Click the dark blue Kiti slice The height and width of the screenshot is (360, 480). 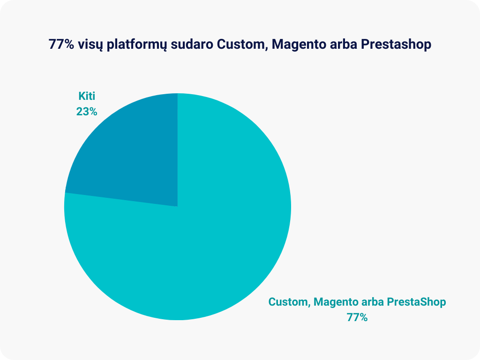(x=135, y=159)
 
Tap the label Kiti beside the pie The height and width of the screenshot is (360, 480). (x=87, y=96)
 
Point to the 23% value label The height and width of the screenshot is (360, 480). (x=87, y=112)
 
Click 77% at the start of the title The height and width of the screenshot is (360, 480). (x=61, y=45)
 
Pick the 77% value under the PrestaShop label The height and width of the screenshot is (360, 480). (x=357, y=317)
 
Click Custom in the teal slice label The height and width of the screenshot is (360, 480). (x=289, y=302)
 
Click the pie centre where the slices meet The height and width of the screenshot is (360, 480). (x=178, y=207)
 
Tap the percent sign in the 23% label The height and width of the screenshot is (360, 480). (x=93, y=112)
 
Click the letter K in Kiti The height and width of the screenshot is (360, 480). (x=82, y=96)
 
